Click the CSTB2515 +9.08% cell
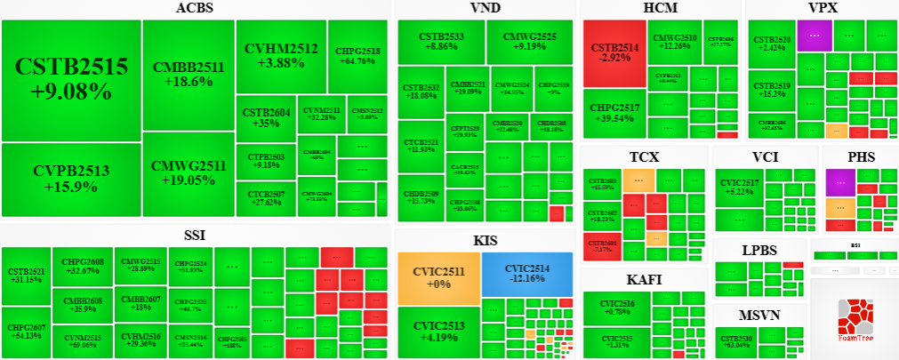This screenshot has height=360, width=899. click(71, 79)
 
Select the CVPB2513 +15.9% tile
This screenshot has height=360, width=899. click(71, 180)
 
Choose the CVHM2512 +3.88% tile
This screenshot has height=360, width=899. click(280, 55)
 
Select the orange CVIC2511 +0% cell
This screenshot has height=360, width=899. click(438, 276)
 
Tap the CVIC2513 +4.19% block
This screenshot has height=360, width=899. click(438, 331)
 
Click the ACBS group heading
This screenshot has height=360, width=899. click(195, 9)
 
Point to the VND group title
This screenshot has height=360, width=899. click(485, 9)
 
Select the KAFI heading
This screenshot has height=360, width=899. click(644, 280)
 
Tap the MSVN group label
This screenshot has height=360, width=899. click(759, 316)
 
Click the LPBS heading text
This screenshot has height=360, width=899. click(759, 250)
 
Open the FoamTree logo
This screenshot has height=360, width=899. click(853, 319)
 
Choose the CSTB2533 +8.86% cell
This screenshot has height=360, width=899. click(439, 42)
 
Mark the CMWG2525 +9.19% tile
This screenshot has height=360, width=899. click(529, 42)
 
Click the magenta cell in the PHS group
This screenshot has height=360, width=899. click(840, 181)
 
